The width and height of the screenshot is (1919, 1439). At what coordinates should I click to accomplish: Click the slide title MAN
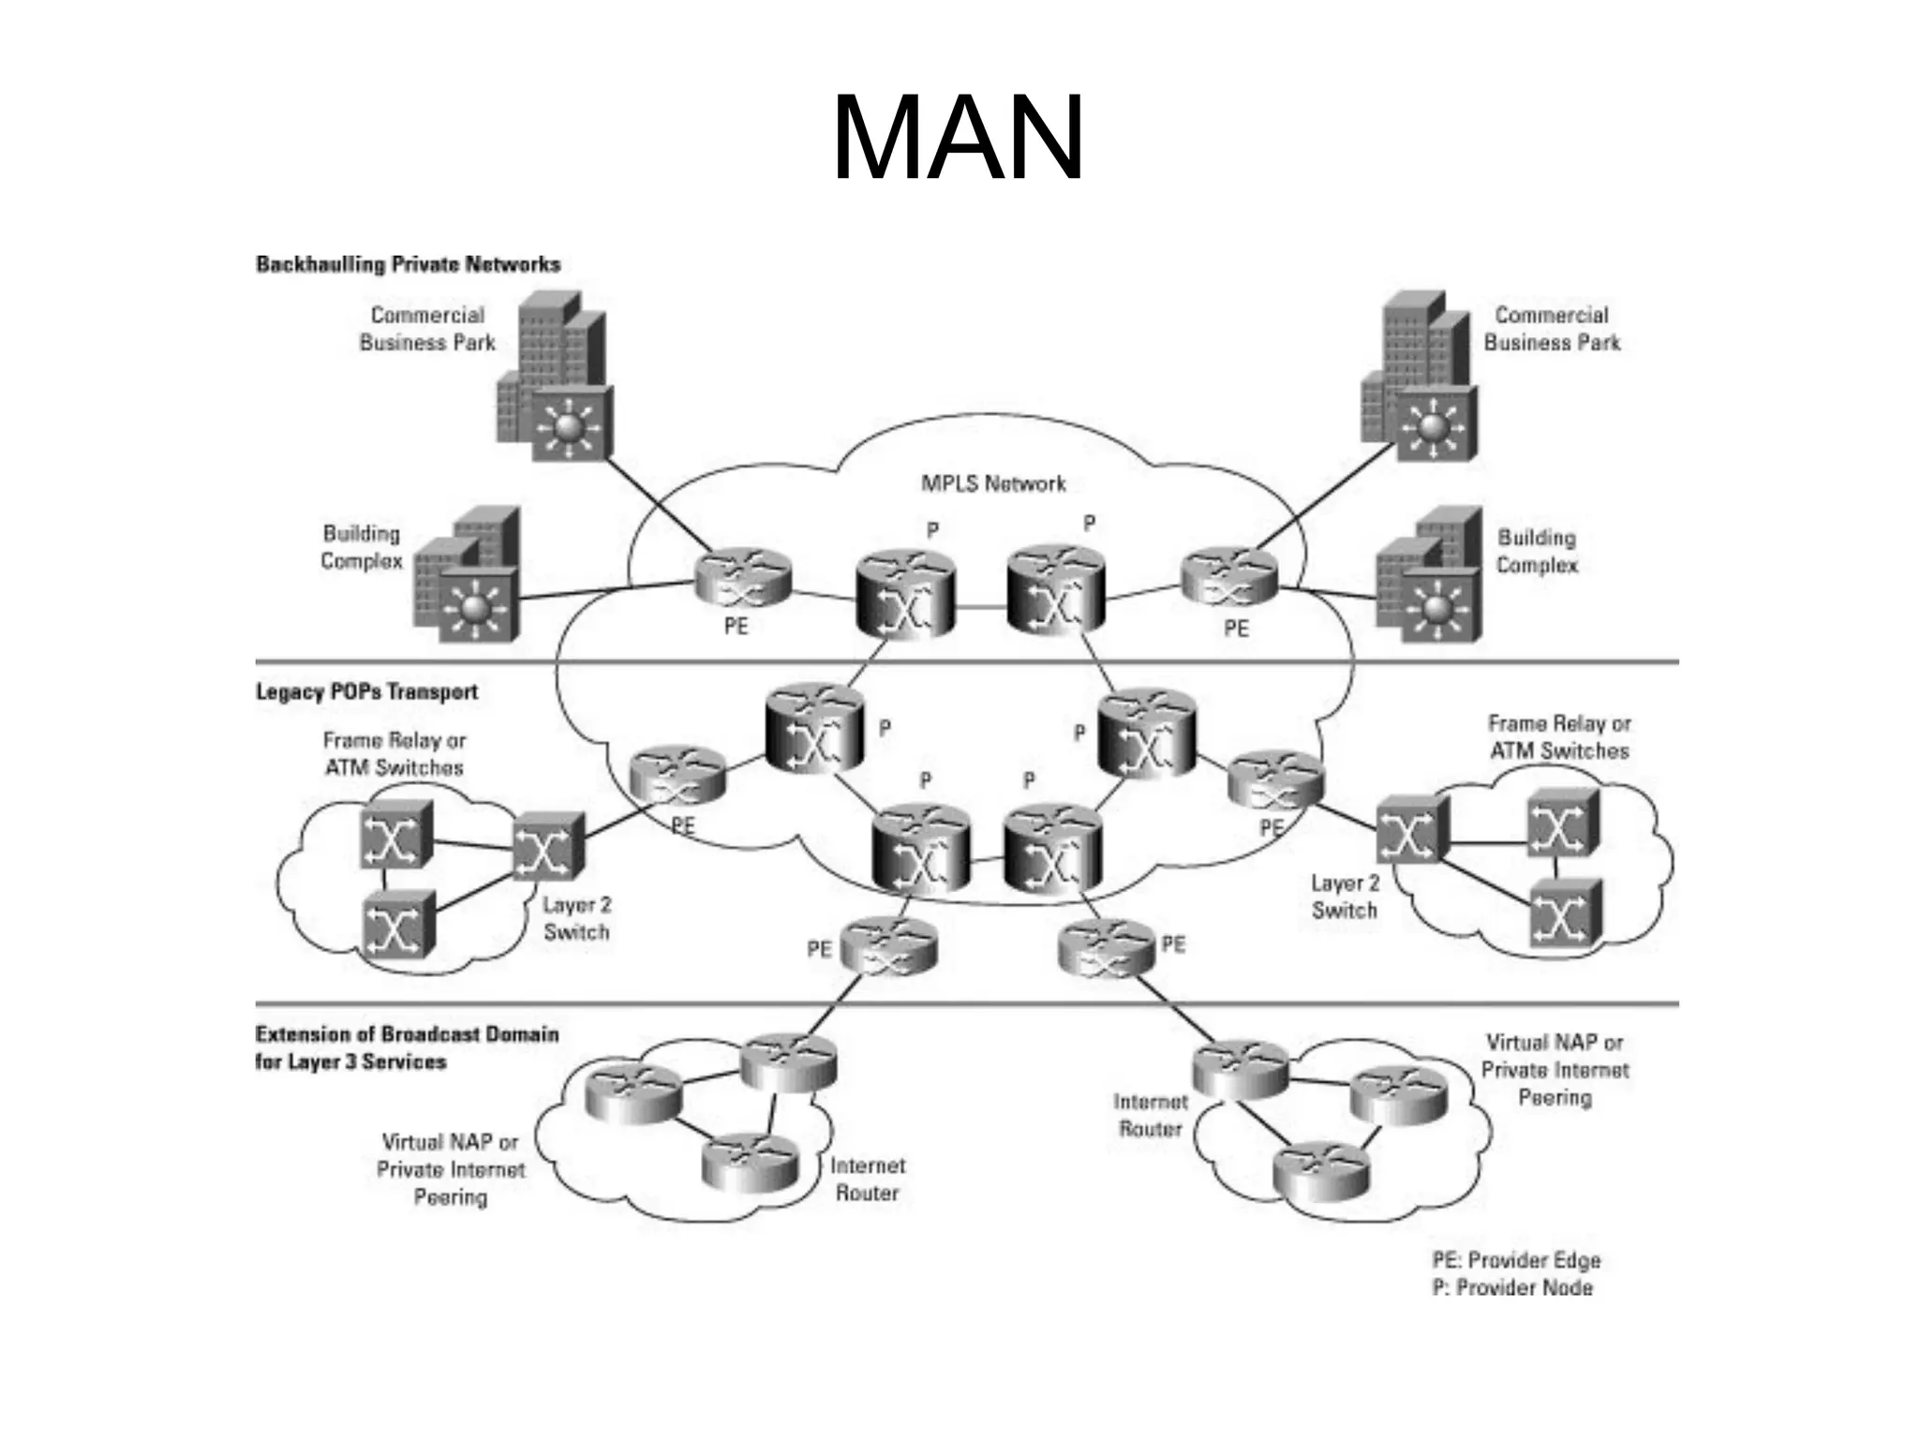click(958, 139)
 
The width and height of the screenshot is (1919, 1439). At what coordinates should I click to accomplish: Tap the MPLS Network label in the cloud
click(993, 484)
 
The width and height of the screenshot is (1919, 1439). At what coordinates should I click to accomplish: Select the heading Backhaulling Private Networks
click(408, 264)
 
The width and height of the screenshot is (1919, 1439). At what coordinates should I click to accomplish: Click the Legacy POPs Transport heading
click(366, 692)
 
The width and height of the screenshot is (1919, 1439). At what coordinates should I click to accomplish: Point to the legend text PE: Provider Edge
click(1516, 1261)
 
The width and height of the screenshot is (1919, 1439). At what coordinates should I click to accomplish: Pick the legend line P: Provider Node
click(1512, 1288)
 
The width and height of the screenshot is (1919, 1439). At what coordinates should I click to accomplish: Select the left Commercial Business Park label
click(427, 329)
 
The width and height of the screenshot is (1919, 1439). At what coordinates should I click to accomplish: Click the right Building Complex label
click(1537, 552)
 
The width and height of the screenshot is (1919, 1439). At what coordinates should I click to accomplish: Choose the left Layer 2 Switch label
click(576, 919)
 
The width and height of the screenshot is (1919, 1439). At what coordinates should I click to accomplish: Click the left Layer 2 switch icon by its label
click(548, 846)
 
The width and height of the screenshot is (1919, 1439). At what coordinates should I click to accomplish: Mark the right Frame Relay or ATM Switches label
click(1559, 737)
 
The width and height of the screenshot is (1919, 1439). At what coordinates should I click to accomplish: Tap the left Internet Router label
click(868, 1179)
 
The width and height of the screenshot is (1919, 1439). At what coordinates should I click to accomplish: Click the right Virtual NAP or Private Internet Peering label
click(1555, 1070)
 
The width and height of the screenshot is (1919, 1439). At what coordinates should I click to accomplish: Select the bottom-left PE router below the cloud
click(888, 947)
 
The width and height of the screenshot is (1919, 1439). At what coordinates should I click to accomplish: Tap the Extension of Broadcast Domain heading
click(407, 1048)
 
